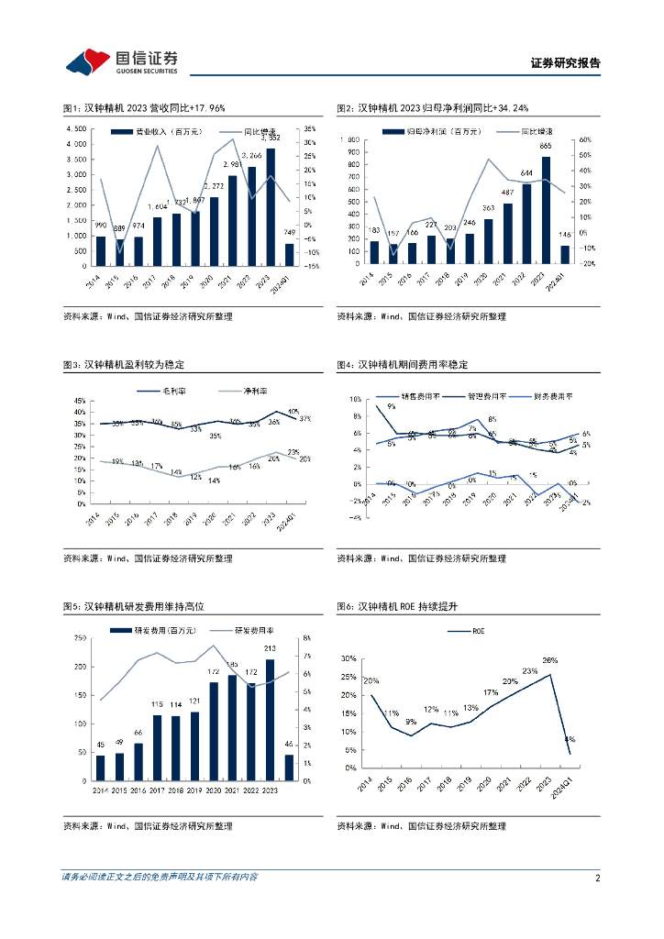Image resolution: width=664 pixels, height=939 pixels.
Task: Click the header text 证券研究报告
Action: pyautogui.click(x=565, y=63)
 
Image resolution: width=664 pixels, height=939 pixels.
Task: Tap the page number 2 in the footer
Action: pyautogui.click(x=597, y=878)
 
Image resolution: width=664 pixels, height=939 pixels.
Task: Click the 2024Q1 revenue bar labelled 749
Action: pyautogui.click(x=290, y=253)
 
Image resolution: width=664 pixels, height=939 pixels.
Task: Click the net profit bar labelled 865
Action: pyautogui.click(x=546, y=210)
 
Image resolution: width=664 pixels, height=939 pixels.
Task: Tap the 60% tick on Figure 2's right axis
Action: pyautogui.click(x=586, y=140)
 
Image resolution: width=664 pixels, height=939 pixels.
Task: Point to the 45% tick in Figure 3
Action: pyautogui.click(x=79, y=402)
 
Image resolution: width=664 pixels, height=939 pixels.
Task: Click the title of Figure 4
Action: pyautogui.click(x=402, y=365)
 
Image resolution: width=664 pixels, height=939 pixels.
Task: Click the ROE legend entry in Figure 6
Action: pyautogui.click(x=476, y=632)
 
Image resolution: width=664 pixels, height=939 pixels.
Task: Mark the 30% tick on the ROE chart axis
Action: pyautogui.click(x=349, y=658)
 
